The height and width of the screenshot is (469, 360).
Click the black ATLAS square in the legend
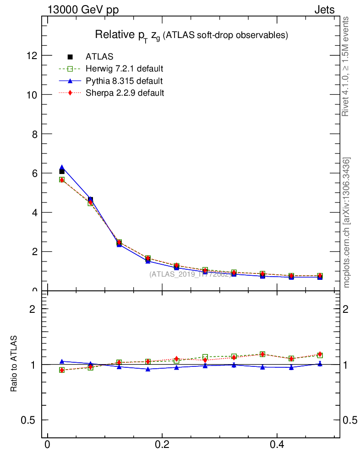[70, 57]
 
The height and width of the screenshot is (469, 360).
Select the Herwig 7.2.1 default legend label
[125, 69]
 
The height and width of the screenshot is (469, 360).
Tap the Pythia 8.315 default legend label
[124, 81]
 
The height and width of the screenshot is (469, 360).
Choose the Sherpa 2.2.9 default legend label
[125, 93]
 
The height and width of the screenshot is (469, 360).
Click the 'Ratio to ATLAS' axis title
[14, 364]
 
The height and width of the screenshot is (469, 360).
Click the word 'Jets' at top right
[324, 10]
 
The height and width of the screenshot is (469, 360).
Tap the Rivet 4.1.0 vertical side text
[346, 66]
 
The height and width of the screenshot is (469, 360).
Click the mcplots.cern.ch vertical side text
[347, 223]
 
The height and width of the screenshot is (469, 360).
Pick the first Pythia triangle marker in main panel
[62, 168]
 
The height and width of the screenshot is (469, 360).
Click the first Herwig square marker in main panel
[62, 180]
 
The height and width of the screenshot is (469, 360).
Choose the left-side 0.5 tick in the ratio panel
[30, 420]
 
